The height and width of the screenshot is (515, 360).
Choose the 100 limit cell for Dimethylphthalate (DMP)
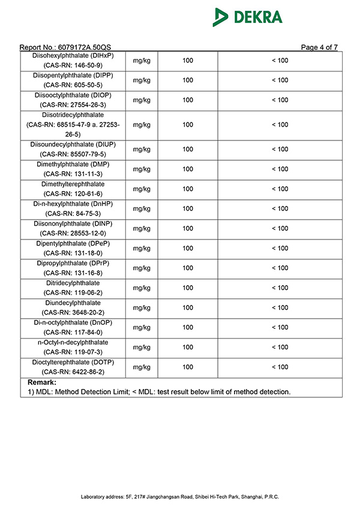[188, 169]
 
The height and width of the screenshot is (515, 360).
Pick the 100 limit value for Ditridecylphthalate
[188, 288]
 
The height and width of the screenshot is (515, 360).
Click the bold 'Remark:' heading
[42, 382]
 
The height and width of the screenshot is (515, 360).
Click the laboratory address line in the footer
[180, 497]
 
